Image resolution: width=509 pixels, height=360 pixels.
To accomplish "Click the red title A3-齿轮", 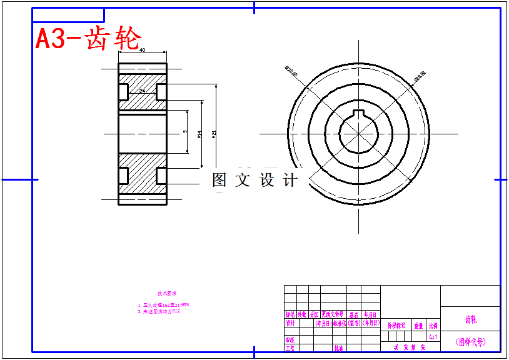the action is tap(88, 39).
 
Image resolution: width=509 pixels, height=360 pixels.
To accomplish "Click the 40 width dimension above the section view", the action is tap(143, 50).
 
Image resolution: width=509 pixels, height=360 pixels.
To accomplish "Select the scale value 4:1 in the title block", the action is tap(433, 336).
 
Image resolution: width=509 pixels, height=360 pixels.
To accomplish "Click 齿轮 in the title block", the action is tap(470, 319).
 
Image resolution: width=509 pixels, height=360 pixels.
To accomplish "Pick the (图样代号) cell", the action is tap(470, 342).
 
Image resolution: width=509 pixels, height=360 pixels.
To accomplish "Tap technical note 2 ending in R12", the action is tap(159, 311).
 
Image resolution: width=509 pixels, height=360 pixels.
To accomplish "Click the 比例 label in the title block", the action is tap(433, 326).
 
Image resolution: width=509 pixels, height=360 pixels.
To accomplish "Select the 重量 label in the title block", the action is tap(418, 326).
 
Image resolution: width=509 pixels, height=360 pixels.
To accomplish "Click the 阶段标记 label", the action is tap(396, 326).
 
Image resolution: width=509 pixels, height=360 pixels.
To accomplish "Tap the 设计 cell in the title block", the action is tap(290, 323).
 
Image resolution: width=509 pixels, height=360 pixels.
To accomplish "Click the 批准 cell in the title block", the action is tap(338, 348).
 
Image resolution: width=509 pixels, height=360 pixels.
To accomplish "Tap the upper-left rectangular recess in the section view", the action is tap(123, 91).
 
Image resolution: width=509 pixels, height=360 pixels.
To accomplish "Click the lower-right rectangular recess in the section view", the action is tap(161, 176).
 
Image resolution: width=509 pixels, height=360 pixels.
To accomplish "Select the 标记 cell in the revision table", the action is tap(290, 314).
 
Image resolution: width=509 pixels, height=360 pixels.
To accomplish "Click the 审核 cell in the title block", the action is tap(290, 340).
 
